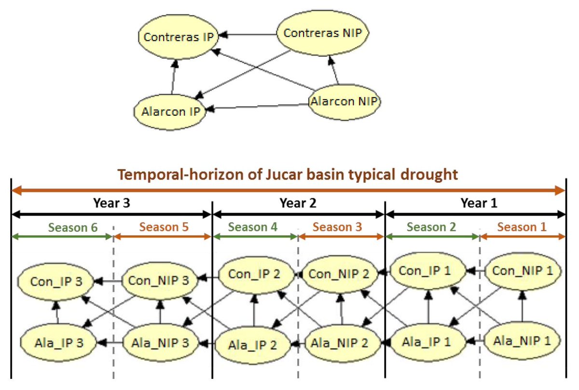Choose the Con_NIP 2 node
point(339,275)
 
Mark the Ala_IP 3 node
point(59,343)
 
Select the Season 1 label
point(522,227)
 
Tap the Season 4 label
point(253,227)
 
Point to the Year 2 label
point(299,203)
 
